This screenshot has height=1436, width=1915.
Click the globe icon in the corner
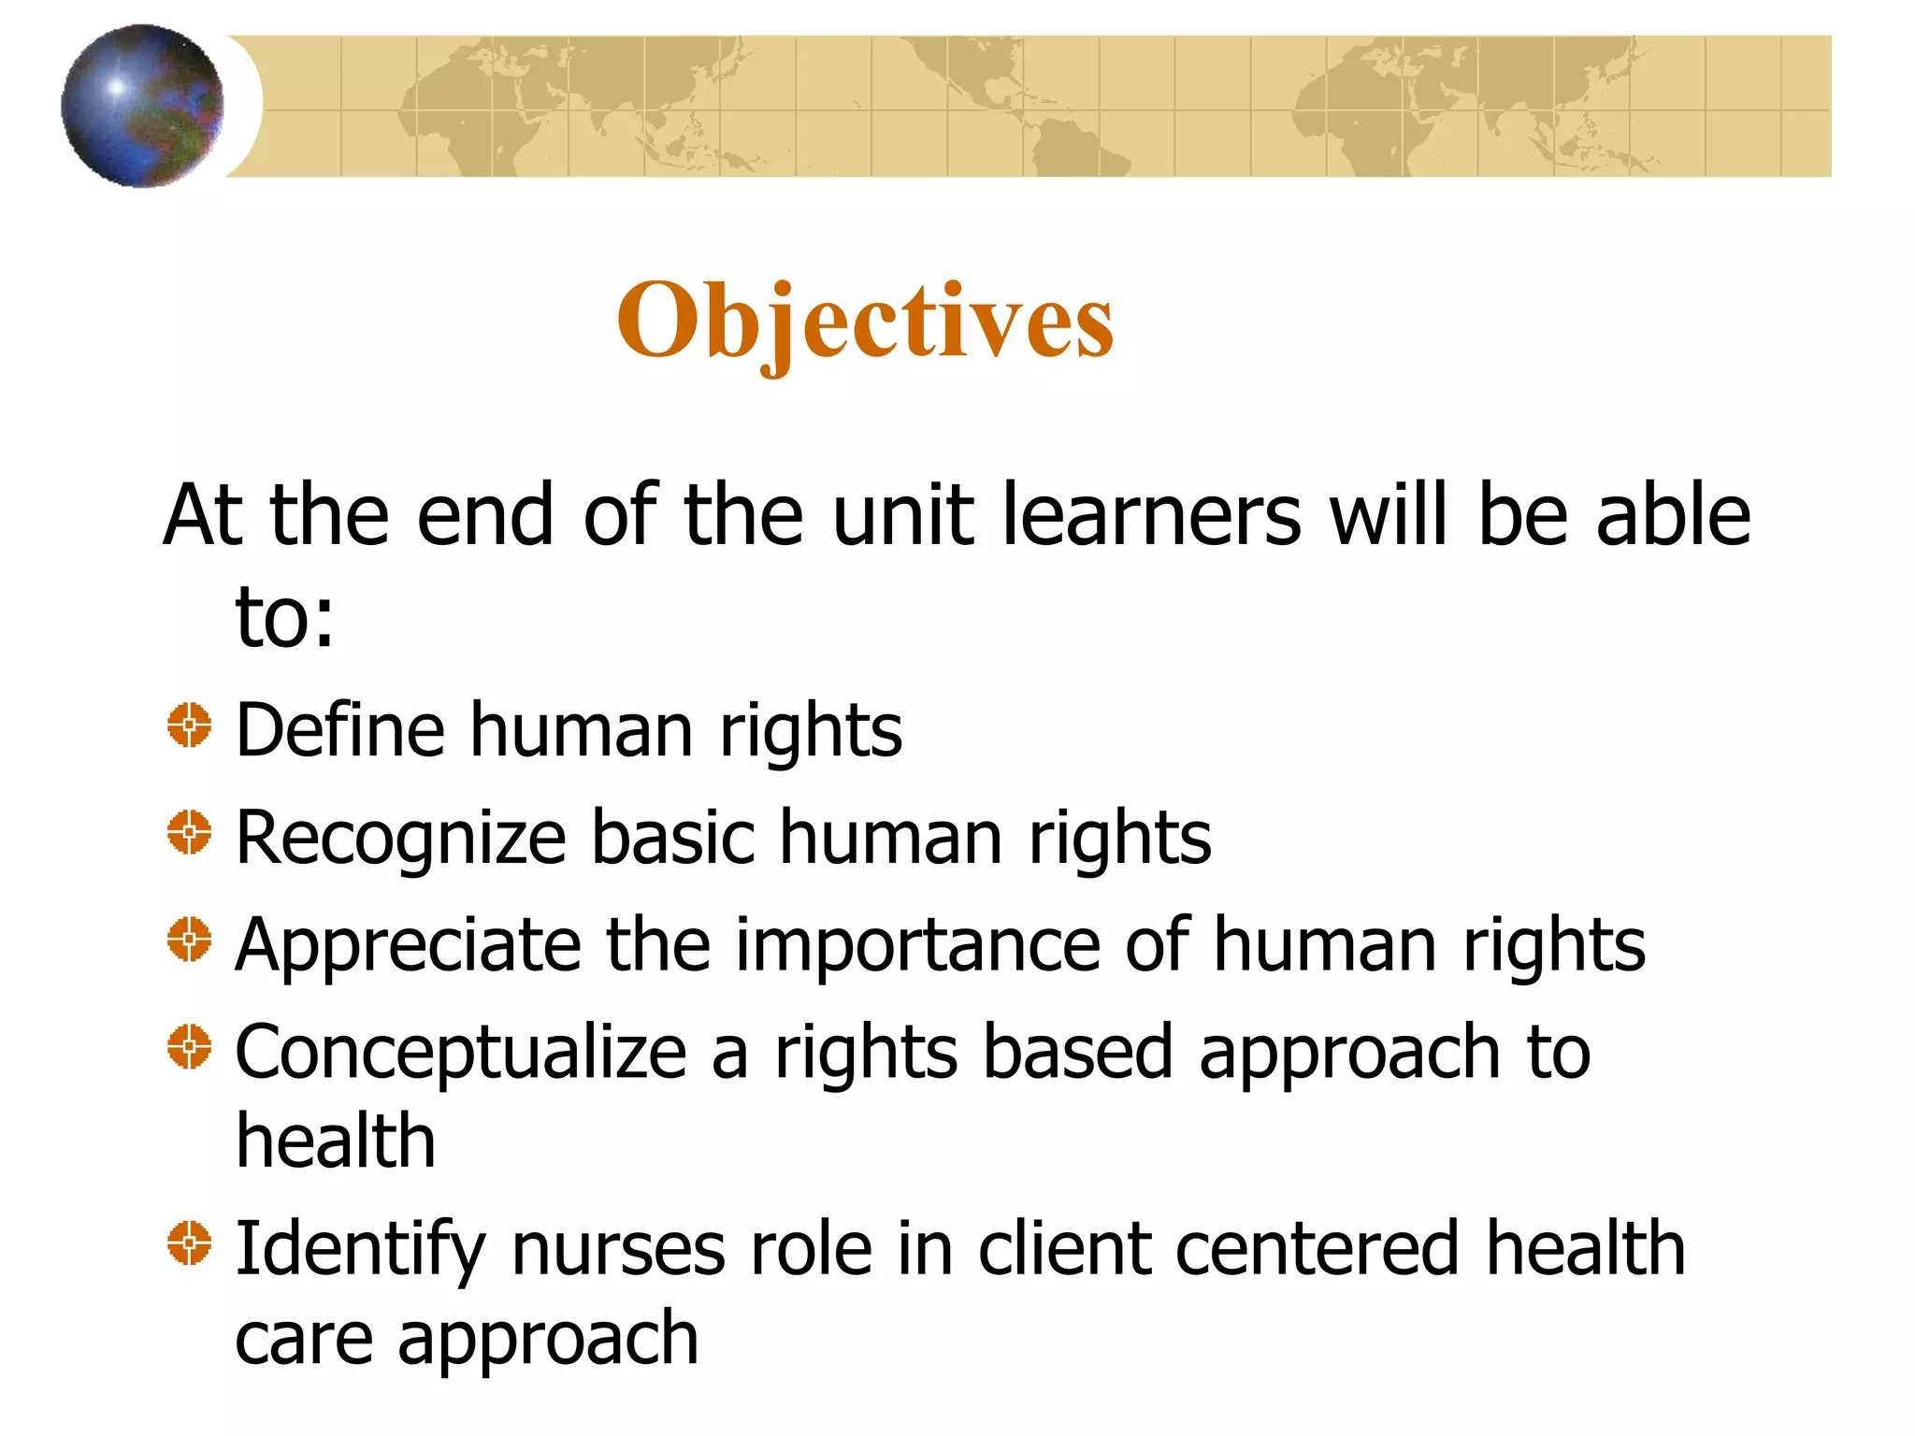click(142, 106)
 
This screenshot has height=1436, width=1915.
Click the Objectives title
click(865, 321)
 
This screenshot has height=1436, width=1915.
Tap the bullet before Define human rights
click(190, 725)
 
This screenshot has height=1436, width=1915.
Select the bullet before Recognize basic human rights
click(190, 832)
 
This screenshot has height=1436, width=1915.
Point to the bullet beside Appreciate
click(190, 939)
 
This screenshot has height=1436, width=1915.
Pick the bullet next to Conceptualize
click(190, 1046)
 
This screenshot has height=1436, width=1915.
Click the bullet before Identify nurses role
click(190, 1243)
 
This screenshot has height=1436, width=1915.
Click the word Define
click(340, 730)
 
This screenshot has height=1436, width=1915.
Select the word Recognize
click(401, 839)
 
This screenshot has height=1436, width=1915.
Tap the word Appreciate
click(408, 946)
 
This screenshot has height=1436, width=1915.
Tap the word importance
click(918, 946)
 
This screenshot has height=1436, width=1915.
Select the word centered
click(1317, 1249)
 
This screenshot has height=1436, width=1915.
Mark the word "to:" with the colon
click(284, 617)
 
